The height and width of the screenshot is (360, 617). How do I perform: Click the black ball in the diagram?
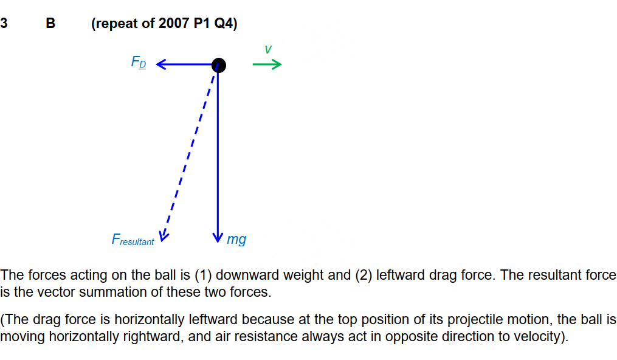point(219,65)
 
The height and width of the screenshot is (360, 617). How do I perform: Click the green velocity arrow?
point(267,64)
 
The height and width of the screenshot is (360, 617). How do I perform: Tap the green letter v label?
point(268,49)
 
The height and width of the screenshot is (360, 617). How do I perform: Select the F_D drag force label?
point(139,62)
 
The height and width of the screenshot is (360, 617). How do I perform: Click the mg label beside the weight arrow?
point(236,239)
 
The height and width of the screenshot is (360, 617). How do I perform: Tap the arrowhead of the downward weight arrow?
point(218,238)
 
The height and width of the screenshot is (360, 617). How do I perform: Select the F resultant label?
point(133,240)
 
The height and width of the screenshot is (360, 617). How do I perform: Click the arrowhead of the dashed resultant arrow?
point(164,237)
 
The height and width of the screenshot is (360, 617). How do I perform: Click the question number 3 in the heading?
point(4,23)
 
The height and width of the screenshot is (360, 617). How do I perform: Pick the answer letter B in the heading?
point(50,23)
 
